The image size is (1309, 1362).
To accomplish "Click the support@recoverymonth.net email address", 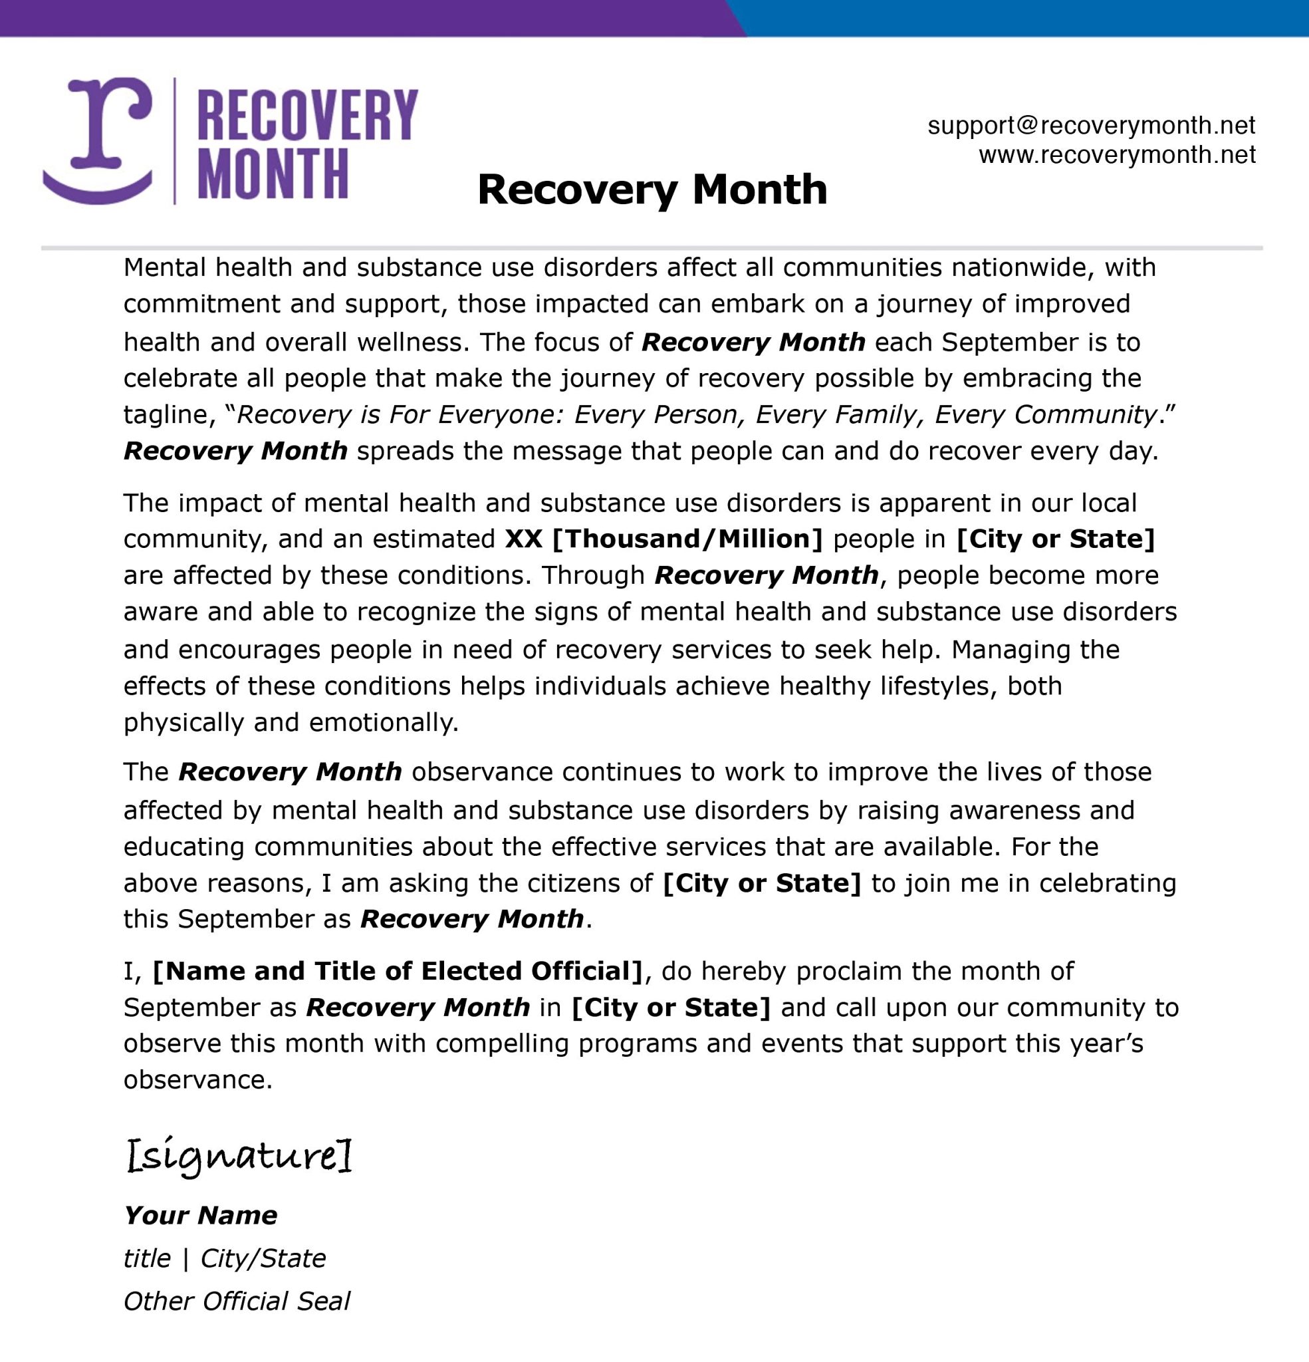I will [1091, 126].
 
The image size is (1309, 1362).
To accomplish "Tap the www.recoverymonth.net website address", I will [1117, 154].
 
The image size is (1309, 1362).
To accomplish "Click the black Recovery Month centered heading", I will [652, 189].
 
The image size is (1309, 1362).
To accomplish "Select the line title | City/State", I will [225, 1258].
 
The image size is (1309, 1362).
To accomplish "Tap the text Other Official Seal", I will [236, 1301].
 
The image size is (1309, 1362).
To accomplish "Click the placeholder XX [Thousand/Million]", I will [663, 539].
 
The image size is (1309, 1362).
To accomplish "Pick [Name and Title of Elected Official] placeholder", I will [398, 971].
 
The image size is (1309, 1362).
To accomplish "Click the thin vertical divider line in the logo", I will [174, 140].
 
